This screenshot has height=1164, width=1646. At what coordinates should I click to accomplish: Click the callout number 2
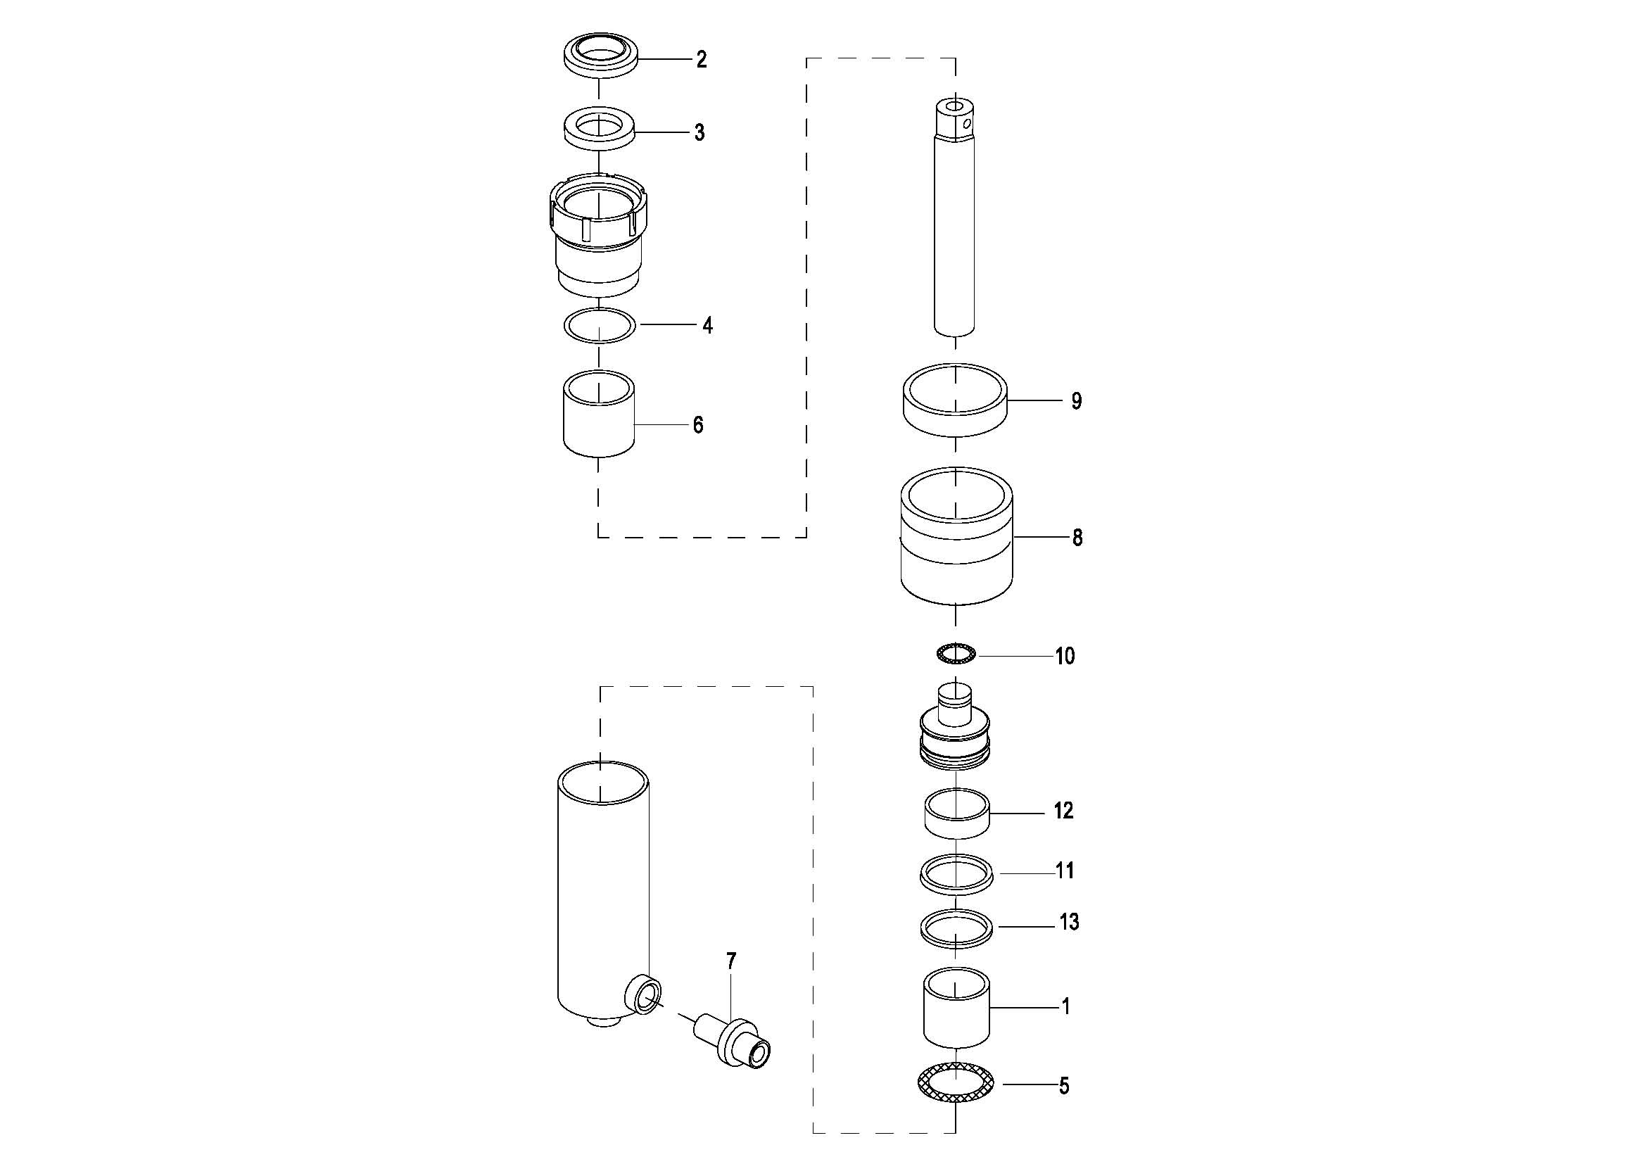(701, 60)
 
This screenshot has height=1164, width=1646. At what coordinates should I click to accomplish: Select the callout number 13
(1069, 922)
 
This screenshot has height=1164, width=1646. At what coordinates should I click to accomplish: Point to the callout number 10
(1065, 656)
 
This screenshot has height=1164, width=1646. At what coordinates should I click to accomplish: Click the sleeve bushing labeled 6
(600, 414)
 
